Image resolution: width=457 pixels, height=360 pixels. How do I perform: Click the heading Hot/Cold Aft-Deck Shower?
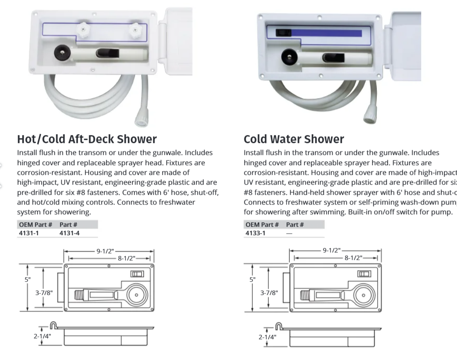coord(87,139)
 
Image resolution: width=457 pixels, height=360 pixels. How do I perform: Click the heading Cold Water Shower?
coord(294,139)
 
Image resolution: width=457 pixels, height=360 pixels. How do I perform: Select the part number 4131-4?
coord(70,233)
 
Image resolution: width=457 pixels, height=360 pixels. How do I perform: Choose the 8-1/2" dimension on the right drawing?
coord(353,258)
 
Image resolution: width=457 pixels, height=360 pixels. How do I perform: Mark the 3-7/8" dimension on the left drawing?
coord(44,292)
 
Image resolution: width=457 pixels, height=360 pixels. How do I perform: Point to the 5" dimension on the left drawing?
coord(28,279)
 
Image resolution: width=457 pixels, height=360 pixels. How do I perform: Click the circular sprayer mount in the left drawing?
coord(136,294)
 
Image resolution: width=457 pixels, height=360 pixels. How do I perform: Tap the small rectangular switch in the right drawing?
coord(364,274)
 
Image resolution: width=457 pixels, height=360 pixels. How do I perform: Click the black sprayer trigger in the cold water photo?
coord(331,57)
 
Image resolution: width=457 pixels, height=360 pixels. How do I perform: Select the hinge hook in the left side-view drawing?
coord(52,326)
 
